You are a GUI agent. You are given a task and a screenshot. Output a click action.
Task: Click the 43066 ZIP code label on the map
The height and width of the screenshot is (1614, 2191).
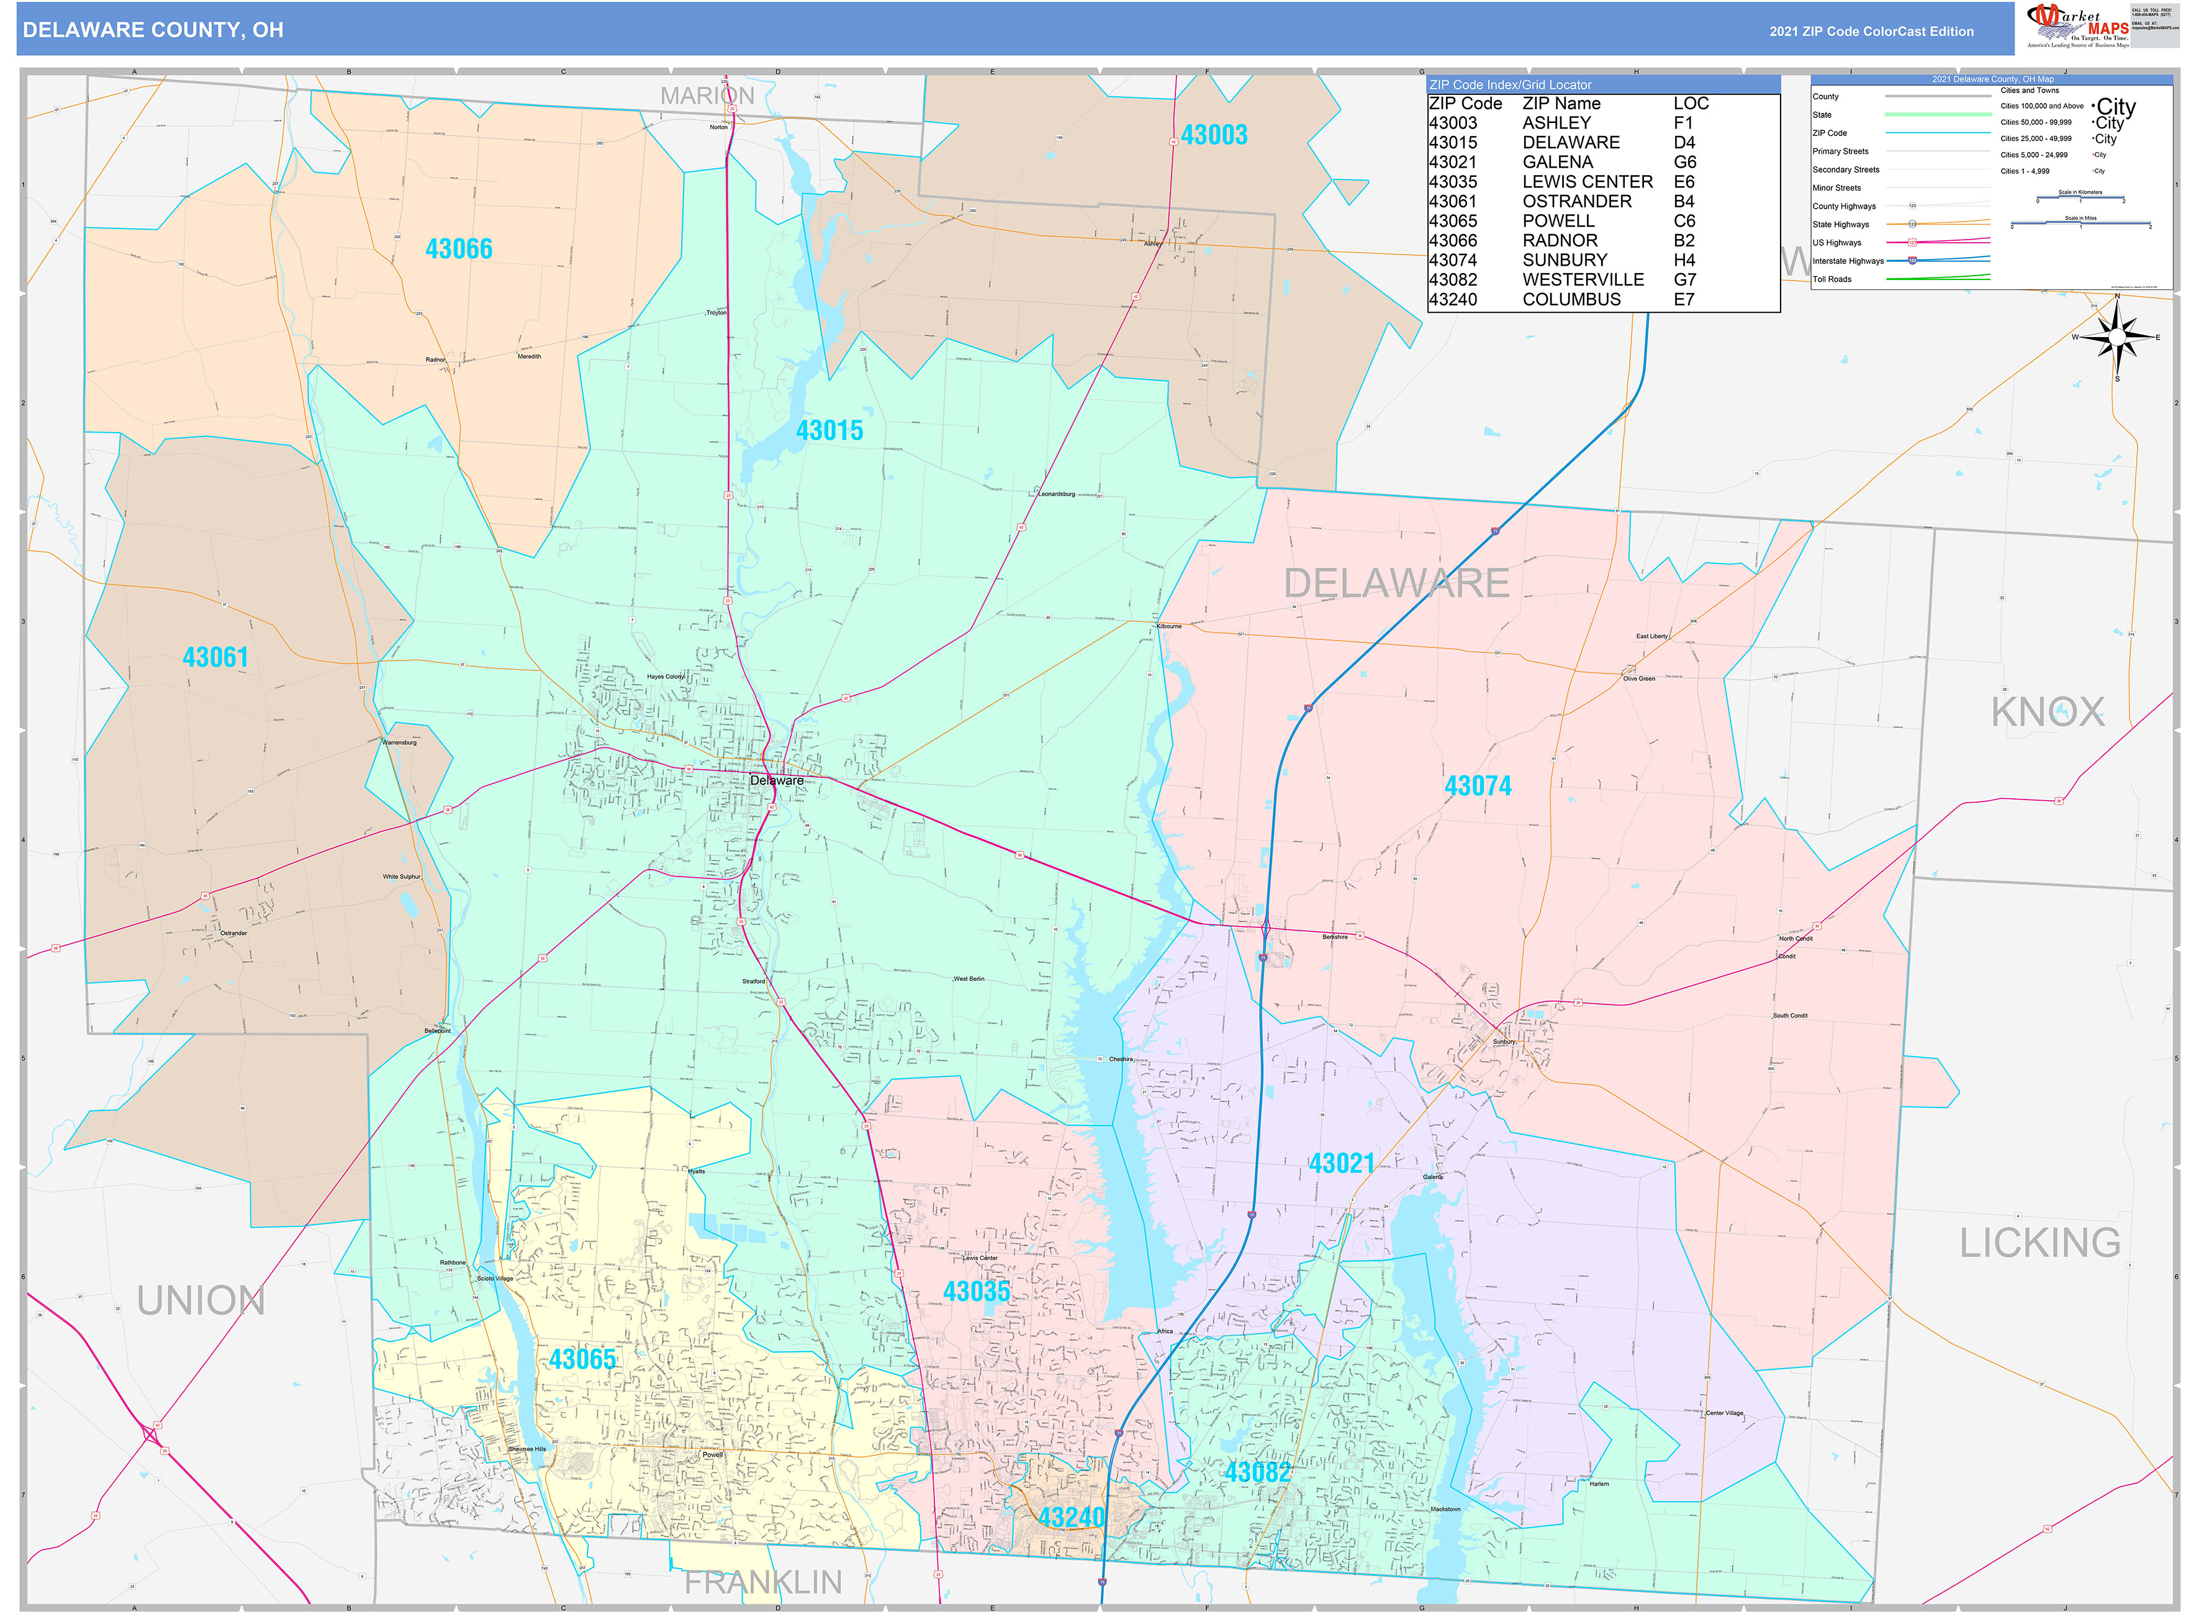458,249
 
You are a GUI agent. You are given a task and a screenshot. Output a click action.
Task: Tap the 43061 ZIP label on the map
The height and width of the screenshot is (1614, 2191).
215,657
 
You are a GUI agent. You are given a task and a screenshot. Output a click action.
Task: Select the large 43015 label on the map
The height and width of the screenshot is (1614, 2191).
829,431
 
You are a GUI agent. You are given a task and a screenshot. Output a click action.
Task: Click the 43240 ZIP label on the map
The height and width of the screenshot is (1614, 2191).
1071,1517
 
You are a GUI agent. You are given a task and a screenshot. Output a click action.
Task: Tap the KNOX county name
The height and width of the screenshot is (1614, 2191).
2048,712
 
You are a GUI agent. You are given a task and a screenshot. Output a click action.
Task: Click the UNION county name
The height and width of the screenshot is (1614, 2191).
201,1301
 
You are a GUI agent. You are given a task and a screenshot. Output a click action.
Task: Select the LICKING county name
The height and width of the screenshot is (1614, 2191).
2040,1243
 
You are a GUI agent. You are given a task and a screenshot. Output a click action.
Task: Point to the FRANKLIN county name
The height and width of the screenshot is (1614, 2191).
762,1582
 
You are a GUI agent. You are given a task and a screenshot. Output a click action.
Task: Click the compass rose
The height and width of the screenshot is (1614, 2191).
2116,337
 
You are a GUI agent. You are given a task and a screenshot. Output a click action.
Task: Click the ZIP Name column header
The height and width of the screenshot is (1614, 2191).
1561,104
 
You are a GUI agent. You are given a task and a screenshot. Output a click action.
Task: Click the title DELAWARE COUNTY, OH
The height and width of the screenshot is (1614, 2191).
153,30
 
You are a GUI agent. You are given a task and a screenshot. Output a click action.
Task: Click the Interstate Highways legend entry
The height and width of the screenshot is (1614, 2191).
1847,261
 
